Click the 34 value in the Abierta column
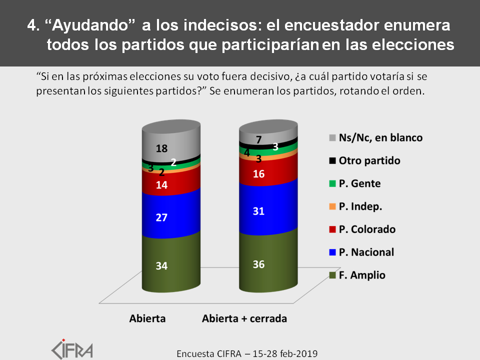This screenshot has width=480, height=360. point(161,265)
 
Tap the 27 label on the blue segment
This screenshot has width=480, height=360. point(161,217)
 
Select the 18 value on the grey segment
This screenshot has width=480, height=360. point(161,148)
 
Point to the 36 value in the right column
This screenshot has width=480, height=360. point(258,264)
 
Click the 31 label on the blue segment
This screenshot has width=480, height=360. point(258,211)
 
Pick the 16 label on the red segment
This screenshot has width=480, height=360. point(258,174)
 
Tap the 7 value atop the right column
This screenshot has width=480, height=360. point(259,140)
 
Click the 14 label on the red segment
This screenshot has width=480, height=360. point(161,185)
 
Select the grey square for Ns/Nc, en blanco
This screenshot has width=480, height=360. point(332,138)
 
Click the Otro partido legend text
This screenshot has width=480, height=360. point(369,160)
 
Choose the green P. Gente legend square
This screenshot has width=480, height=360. point(332,183)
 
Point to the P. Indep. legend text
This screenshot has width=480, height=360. point(360,206)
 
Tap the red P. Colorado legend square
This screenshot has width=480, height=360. point(332,229)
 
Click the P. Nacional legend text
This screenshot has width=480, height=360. point(366,252)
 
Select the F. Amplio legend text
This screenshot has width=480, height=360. point(362,275)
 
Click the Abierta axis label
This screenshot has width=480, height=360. point(147,318)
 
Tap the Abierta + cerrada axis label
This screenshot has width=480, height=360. point(244,318)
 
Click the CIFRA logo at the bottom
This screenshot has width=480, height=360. point(72,349)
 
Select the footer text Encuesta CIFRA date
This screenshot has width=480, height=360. point(247,354)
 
